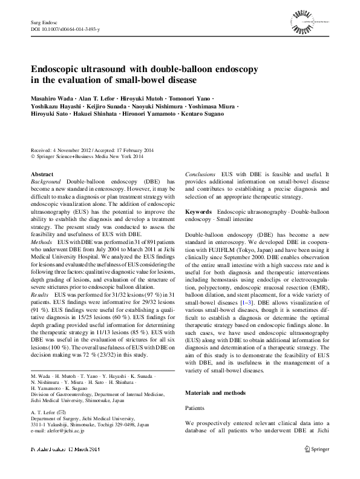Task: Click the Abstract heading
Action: (42, 174)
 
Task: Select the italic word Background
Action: (45, 182)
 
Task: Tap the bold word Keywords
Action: (198, 212)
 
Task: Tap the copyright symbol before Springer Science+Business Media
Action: (33, 156)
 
